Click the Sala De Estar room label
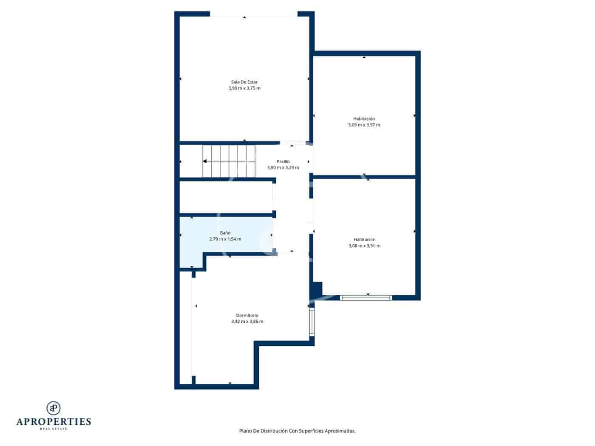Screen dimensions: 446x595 (244, 82)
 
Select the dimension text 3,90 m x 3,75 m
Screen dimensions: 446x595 (244, 88)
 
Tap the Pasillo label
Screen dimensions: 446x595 (283, 161)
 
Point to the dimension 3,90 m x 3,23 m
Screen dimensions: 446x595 (283, 168)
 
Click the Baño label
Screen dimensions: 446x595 (225, 233)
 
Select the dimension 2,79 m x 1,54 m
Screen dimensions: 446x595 (225, 239)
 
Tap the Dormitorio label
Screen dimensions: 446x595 (247, 315)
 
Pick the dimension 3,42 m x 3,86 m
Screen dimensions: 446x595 (247, 322)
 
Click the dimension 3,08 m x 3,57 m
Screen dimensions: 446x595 (364, 125)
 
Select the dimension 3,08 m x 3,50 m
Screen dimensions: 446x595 (364, 246)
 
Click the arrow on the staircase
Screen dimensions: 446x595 (205, 161)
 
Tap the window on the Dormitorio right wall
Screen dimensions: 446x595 (312, 322)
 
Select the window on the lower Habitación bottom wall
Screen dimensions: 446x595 (366, 298)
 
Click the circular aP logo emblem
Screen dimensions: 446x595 (54, 408)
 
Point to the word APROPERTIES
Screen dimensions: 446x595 (54, 422)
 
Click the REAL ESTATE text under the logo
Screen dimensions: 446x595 (54, 429)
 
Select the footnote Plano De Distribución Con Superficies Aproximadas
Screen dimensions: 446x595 (297, 431)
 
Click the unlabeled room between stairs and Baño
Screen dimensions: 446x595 (225, 197)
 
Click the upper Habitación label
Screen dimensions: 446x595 (364, 119)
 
